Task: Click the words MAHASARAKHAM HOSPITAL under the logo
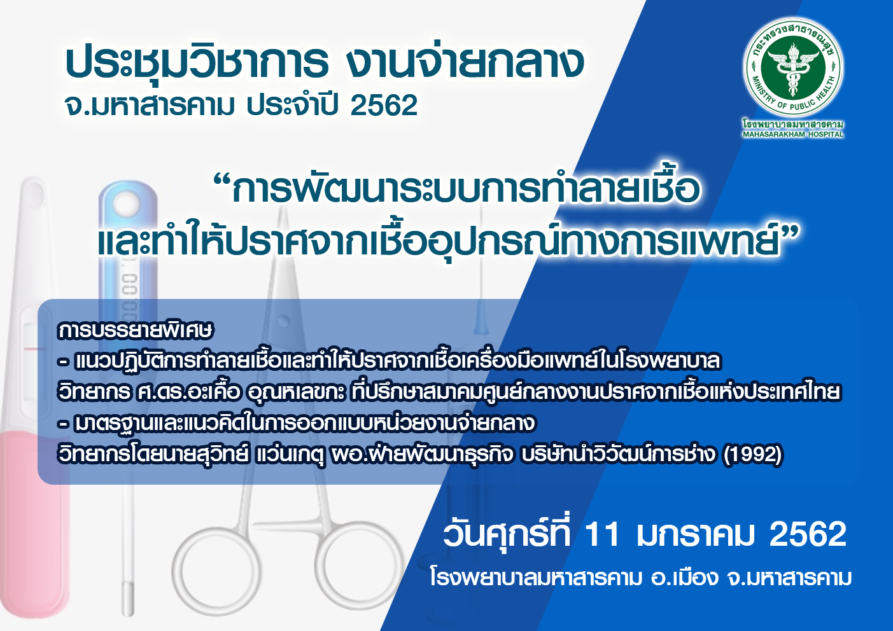point(793,134)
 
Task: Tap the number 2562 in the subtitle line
point(384,106)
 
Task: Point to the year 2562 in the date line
point(808,534)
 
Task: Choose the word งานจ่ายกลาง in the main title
point(465,62)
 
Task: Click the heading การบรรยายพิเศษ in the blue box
point(135,330)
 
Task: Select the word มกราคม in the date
point(695,534)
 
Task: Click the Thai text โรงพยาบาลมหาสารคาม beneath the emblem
point(793,124)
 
